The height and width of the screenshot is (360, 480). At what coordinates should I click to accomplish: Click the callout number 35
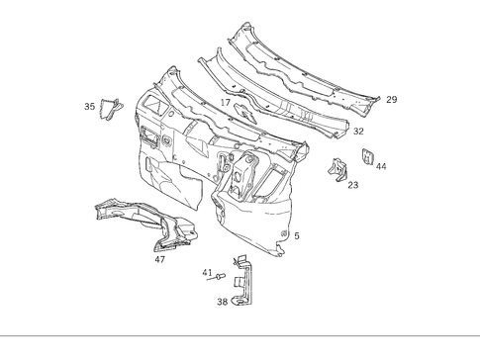click(89, 106)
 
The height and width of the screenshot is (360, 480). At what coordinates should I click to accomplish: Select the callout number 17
click(226, 102)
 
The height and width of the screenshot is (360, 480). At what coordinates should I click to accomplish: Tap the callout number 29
click(392, 100)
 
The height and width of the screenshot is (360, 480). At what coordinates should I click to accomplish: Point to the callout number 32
click(358, 131)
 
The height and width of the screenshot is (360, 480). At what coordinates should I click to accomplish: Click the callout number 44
click(381, 166)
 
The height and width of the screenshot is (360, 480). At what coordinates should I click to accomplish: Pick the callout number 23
click(353, 185)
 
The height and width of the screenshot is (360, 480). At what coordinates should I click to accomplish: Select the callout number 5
click(297, 235)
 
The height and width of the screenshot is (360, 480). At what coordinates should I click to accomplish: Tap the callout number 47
click(159, 259)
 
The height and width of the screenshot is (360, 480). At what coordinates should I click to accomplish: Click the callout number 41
click(207, 273)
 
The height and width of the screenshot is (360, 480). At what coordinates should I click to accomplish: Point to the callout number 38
click(223, 303)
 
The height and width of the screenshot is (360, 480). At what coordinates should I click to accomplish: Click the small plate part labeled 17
click(244, 112)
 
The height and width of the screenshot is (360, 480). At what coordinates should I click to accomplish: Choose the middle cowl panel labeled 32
click(267, 94)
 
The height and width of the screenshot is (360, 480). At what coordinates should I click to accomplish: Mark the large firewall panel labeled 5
click(247, 198)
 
